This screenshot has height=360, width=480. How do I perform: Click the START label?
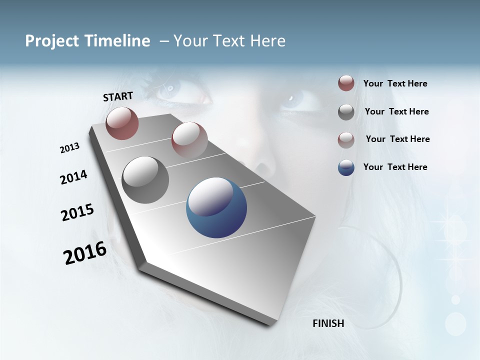tap(118, 96)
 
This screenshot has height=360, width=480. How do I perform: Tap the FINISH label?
tap(328, 323)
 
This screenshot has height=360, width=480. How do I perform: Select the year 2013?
tap(69, 148)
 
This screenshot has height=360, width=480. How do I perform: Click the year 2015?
tap(77, 212)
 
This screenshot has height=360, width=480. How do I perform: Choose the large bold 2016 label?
tap(85, 253)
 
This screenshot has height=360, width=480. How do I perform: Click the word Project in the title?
tap(52, 41)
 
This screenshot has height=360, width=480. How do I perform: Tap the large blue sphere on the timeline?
tap(216, 207)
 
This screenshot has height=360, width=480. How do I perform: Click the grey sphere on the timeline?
tap(145, 180)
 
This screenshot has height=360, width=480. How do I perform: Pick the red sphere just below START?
tap(122, 123)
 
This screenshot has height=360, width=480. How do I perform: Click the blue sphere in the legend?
tap(346, 167)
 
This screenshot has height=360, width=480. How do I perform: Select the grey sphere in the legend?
tap(346, 112)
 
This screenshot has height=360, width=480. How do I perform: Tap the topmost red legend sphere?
tap(346, 83)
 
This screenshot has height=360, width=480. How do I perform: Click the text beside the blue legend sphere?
tap(395, 167)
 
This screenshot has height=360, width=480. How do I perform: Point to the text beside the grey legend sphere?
tap(396, 111)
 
